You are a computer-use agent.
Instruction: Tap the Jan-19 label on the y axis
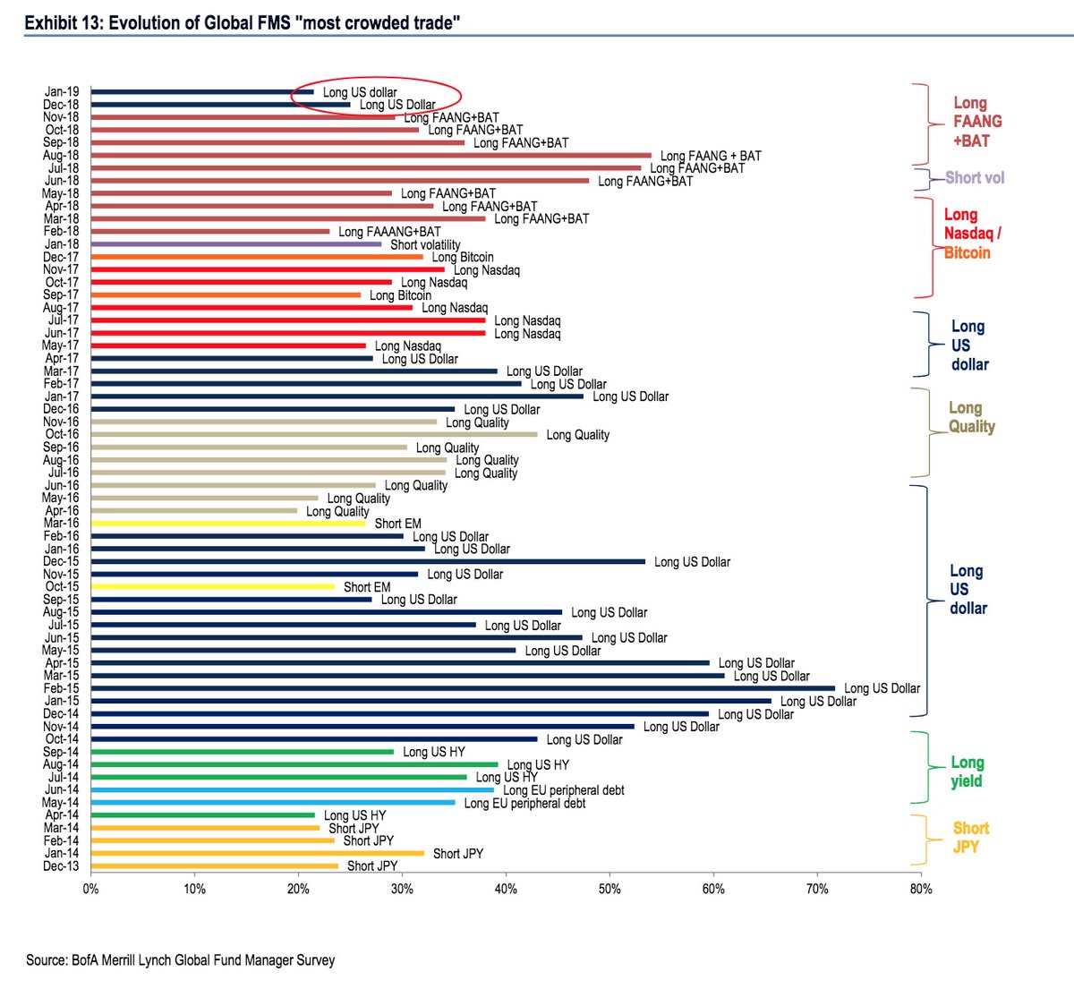point(62,91)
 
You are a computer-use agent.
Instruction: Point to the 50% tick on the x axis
point(609,889)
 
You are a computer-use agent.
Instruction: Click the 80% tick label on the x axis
point(921,889)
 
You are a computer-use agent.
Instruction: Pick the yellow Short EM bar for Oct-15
point(213,586)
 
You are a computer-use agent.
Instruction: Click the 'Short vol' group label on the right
point(975,177)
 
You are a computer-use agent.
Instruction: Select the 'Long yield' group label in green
point(967,772)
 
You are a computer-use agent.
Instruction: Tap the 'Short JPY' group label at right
point(969,837)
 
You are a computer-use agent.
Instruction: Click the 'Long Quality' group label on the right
point(971,417)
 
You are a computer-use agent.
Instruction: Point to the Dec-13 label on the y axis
point(61,865)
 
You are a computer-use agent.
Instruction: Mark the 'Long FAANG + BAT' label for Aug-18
point(711,156)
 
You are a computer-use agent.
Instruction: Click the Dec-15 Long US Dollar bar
point(368,561)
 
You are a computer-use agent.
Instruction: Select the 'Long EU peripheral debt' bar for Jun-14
point(293,789)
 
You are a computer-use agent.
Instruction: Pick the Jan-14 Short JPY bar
point(258,853)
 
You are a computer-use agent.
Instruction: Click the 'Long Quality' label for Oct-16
point(577,435)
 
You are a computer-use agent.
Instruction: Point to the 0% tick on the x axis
point(90,889)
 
